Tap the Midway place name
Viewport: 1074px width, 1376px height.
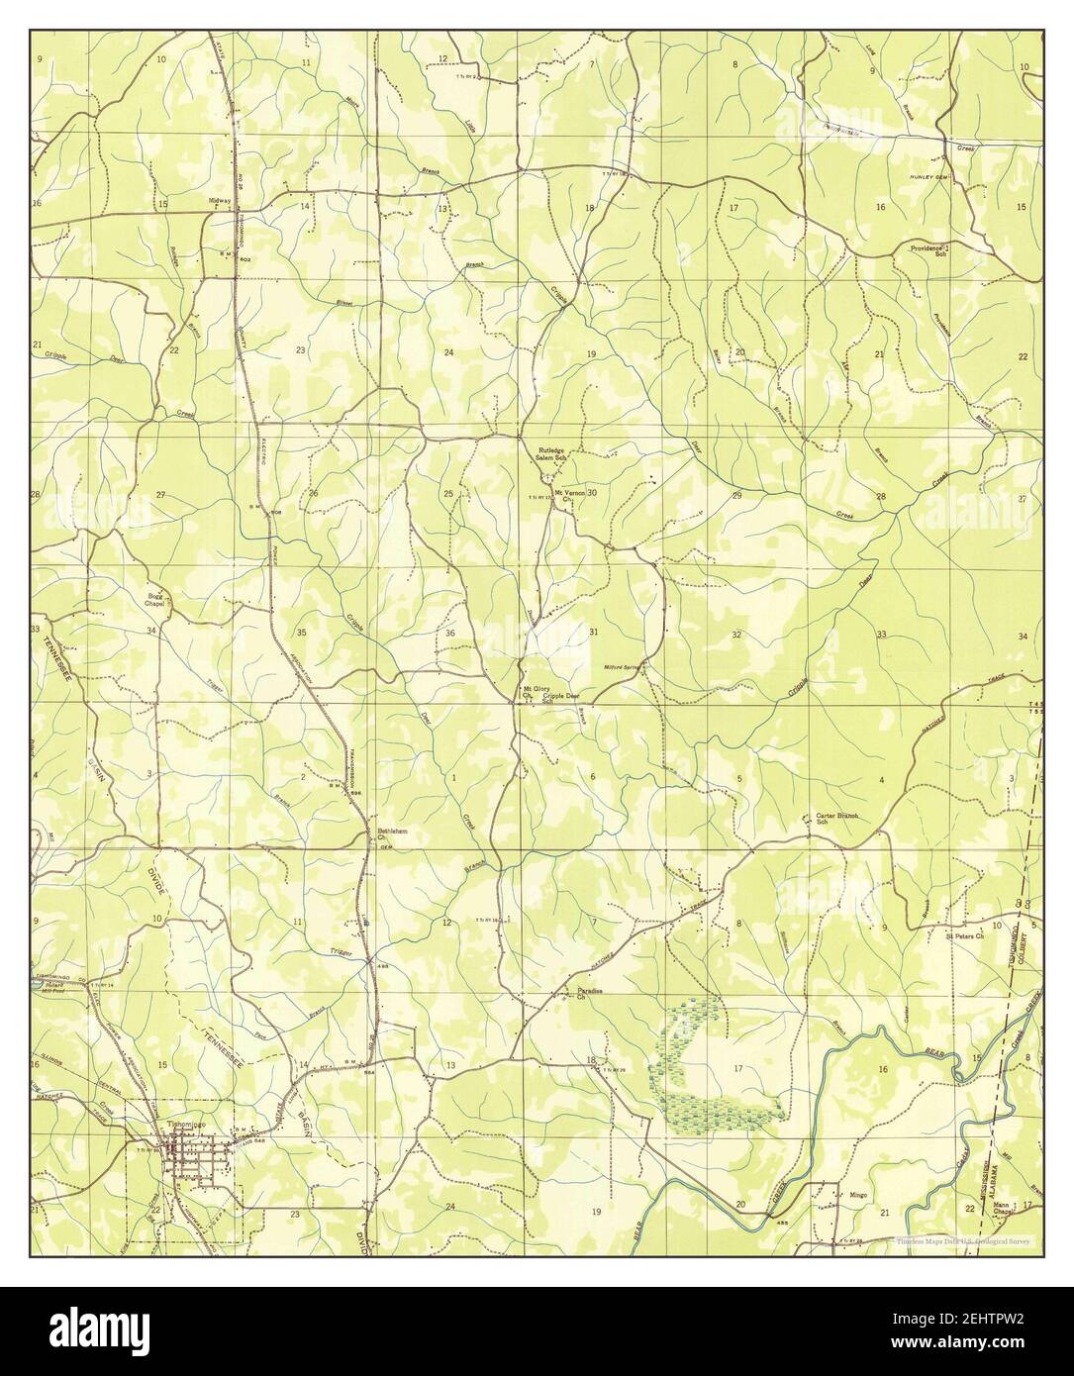[x=219, y=201]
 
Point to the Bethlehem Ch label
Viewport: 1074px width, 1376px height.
[x=393, y=835]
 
